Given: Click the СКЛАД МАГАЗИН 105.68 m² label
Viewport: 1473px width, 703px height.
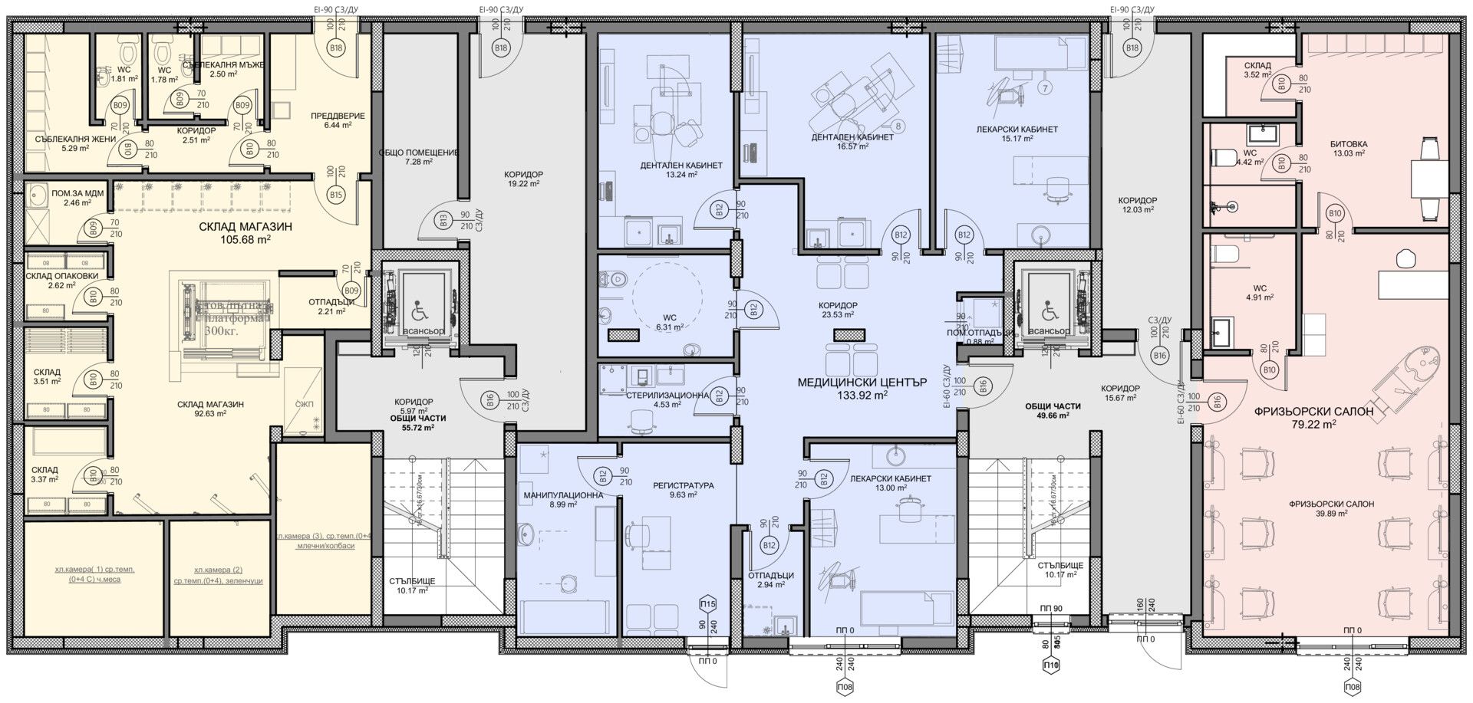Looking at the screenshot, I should click(x=245, y=232).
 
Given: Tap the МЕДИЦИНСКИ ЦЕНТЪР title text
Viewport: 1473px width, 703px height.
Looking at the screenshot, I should click(x=862, y=382).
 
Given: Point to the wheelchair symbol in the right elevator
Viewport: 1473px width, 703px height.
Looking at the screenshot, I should click(x=1050, y=312).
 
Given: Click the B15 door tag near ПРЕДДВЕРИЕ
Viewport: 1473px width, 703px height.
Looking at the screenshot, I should click(x=336, y=195).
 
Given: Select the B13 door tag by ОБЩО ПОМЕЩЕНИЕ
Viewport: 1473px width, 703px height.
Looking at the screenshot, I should click(x=443, y=222).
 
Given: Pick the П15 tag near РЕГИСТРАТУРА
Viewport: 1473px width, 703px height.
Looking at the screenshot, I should click(x=708, y=604).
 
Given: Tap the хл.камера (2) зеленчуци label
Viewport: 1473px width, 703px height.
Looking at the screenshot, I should click(x=218, y=575).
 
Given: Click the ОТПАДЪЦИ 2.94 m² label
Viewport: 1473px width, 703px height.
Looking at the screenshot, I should click(x=773, y=580).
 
